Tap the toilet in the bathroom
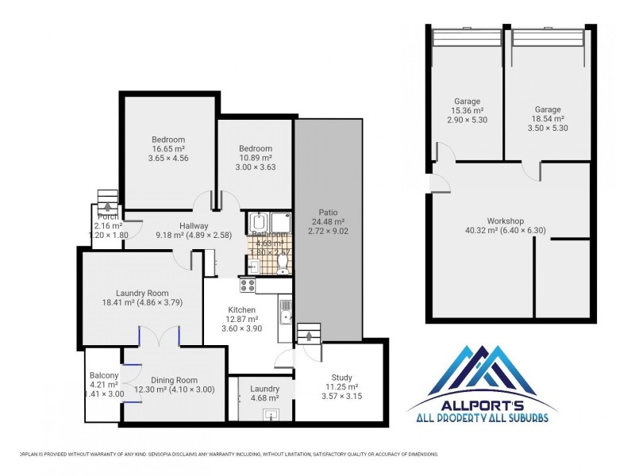[283, 262]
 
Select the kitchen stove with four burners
[247, 286]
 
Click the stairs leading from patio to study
[308, 332]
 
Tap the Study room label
[342, 377]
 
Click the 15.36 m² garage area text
[467, 110]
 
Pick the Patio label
[329, 212]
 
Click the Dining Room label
[171, 380]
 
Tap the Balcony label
[104, 375]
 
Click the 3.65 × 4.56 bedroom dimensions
[168, 158]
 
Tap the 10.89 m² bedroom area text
[256, 158]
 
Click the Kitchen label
[241, 309]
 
